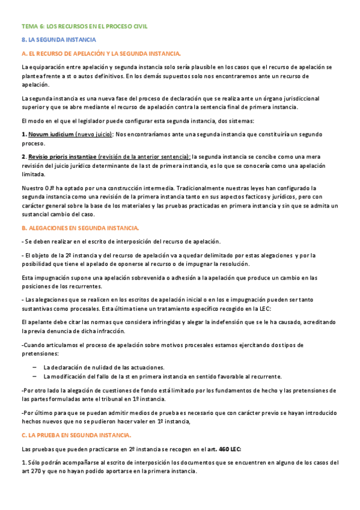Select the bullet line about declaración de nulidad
point(104,367)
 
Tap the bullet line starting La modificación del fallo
point(162,376)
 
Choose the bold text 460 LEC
point(230,449)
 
